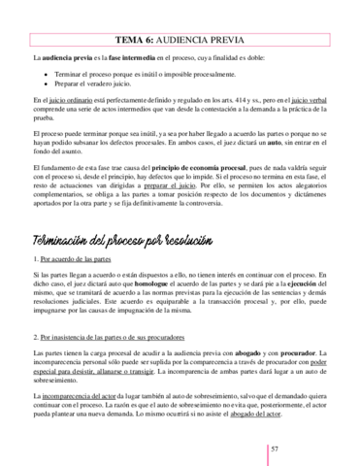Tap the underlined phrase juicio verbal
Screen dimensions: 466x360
(x=310, y=99)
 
